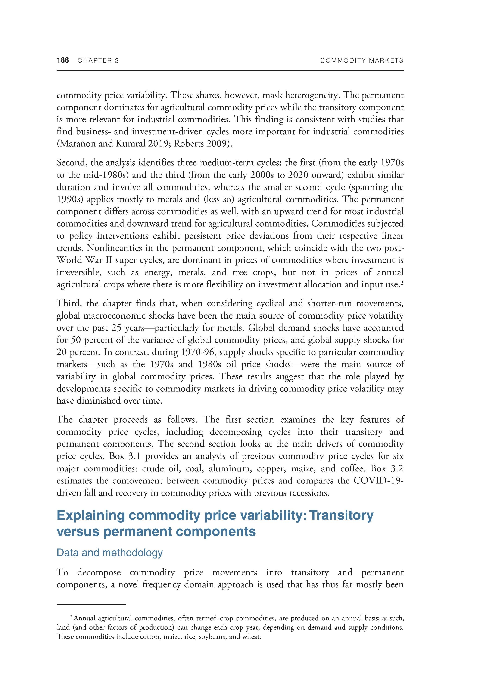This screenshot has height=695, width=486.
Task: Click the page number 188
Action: click(63, 60)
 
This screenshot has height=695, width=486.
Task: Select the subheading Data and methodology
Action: click(110, 553)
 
